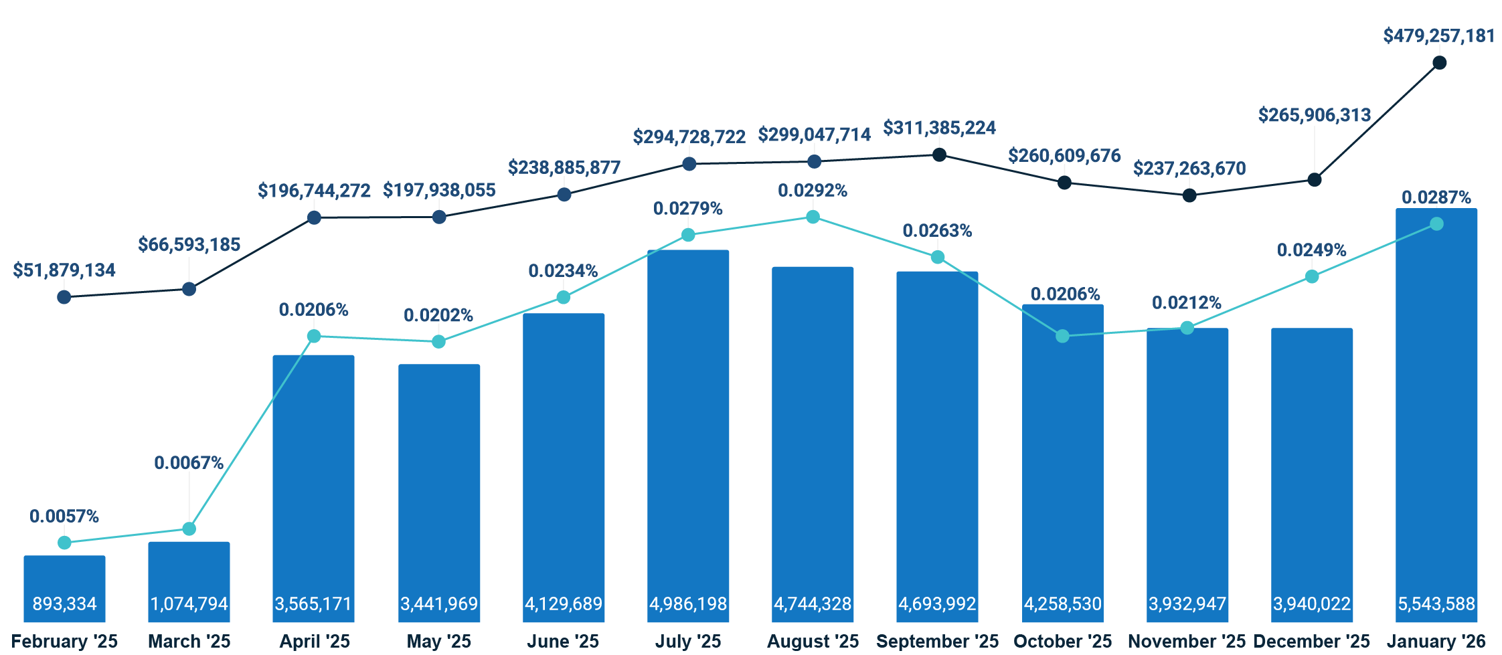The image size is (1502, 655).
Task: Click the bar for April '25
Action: pos(313,482)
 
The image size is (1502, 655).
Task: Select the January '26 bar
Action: pos(1436,415)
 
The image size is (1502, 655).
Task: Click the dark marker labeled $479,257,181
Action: pos(1440,63)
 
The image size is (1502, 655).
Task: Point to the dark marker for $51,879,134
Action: pos(64,297)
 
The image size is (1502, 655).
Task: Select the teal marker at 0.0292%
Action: pos(813,217)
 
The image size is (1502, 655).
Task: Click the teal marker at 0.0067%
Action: pos(189,529)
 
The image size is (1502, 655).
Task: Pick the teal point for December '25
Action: pos(1312,276)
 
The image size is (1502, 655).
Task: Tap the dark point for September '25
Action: pos(939,155)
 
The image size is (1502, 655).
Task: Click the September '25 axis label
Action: pos(937,641)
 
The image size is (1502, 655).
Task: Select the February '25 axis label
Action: pos(64,641)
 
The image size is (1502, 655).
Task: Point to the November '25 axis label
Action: pos(1187,641)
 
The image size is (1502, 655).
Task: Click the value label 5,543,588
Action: pos(1436,604)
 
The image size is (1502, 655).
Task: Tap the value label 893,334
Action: pos(64,604)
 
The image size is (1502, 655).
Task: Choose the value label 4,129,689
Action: pos(564,604)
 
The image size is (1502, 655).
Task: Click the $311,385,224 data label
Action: pos(939,128)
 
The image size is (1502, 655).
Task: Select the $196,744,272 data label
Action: pos(314,191)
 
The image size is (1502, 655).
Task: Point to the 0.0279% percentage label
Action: pos(688,209)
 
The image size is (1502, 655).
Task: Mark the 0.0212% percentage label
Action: pos(1187,303)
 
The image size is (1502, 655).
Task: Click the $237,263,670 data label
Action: pos(1189,169)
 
